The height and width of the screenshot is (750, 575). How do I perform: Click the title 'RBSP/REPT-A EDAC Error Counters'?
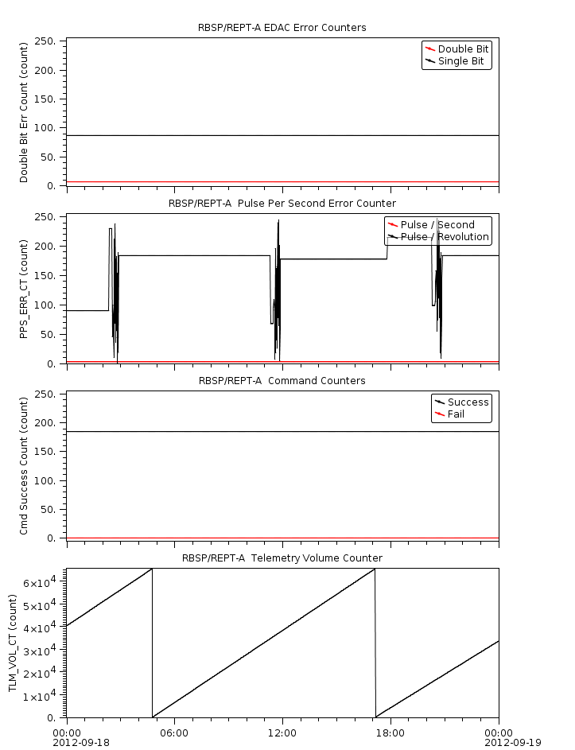(282, 28)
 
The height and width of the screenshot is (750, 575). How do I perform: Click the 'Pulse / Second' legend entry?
(437, 225)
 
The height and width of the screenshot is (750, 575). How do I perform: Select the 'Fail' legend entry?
(456, 414)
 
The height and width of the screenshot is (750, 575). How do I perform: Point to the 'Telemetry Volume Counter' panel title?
(282, 558)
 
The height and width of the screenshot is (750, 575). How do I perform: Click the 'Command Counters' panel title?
(282, 381)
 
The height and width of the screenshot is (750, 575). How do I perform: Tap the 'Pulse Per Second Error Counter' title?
(282, 204)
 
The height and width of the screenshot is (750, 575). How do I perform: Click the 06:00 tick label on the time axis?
(174, 733)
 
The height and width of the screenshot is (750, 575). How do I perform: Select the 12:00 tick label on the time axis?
(282, 733)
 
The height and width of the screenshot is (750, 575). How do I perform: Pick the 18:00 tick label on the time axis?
(390, 733)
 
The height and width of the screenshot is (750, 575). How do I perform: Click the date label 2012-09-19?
(512, 743)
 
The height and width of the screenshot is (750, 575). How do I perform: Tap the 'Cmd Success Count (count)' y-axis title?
(25, 465)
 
